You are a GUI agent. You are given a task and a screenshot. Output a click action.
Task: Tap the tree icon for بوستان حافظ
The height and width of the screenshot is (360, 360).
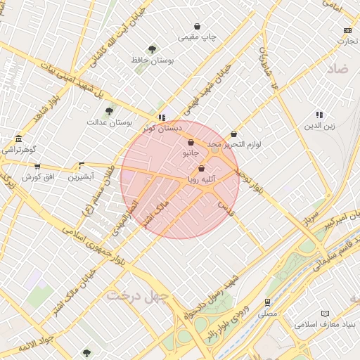coord(153,49)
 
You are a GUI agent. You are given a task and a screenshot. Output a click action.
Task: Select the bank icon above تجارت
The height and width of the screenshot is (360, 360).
coord(347,30)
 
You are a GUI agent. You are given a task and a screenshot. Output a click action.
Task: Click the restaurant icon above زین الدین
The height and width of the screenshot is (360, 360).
coord(320,115)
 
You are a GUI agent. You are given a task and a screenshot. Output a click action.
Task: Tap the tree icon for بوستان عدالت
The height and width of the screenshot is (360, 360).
coord(109,111)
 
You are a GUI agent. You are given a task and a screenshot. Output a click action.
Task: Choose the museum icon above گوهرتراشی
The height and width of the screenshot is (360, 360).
coord(18,139)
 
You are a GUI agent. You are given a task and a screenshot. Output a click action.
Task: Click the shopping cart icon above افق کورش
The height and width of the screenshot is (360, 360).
coord(37,167)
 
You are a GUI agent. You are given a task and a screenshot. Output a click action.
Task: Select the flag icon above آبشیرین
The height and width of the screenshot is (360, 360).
coord(82,167)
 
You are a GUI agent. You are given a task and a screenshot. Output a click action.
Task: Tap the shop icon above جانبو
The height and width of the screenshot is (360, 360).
coord(191,142)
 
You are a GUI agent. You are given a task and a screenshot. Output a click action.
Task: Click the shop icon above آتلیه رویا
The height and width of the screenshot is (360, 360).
coord(202,169)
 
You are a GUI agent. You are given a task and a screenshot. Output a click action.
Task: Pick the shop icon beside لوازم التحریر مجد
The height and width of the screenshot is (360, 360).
coord(234,134)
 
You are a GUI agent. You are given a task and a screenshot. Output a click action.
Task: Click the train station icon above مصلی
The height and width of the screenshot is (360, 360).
coord(267,302)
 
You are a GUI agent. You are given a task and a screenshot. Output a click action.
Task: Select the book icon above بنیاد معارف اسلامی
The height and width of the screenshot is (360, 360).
coord(324,314)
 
